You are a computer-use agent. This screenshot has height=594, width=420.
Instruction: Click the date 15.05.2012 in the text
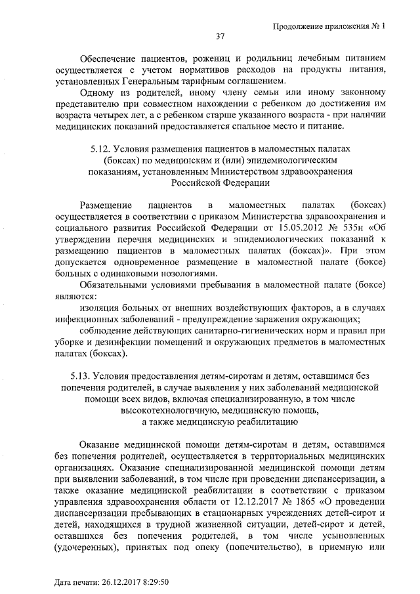click(293, 226)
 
